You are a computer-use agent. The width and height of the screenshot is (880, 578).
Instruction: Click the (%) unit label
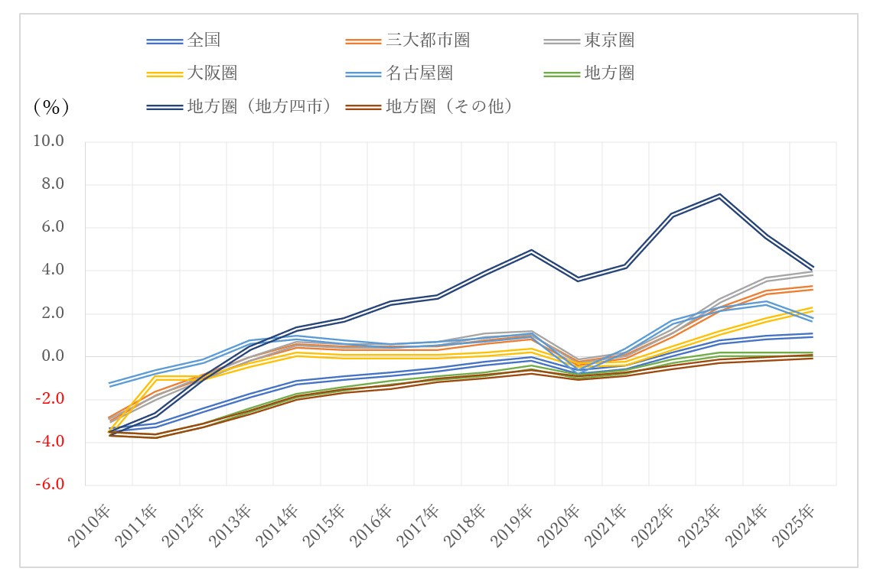(x=51, y=107)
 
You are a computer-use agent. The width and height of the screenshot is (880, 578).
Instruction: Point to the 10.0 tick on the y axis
(x=48, y=141)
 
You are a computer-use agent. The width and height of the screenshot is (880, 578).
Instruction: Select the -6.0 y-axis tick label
(x=48, y=485)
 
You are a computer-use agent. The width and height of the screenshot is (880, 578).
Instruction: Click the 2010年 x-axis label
(x=90, y=528)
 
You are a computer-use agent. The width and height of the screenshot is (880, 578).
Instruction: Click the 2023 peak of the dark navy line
(x=719, y=196)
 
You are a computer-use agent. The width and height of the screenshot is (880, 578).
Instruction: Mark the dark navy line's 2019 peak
(x=531, y=252)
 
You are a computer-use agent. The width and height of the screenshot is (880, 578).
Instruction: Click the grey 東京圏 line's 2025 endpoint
(x=813, y=273)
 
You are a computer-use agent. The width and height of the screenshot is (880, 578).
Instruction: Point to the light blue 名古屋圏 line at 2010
(x=109, y=385)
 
